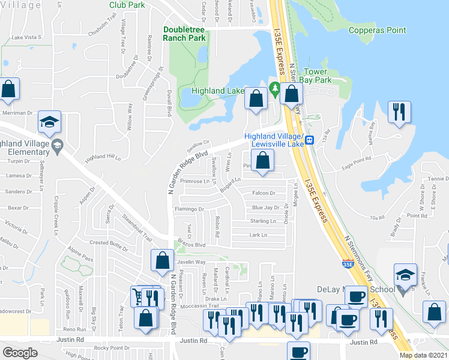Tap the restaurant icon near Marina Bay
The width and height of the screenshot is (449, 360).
(x=400, y=113)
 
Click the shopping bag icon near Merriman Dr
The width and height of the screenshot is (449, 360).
(x=9, y=90)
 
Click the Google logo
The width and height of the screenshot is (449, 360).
(x=20, y=353)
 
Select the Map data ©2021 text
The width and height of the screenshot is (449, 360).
(x=424, y=355)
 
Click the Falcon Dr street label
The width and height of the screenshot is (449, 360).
(x=264, y=193)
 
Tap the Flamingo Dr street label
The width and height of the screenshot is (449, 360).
(x=189, y=209)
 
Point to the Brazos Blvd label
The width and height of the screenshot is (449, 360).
(x=191, y=245)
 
